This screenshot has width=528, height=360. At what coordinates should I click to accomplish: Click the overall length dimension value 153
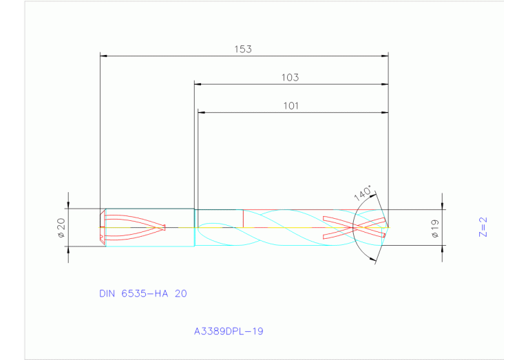point(243,49)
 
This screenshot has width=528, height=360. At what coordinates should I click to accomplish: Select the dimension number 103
point(290,78)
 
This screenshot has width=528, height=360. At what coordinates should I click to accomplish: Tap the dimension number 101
point(290,106)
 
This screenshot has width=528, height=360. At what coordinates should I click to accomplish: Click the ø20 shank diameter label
point(60,227)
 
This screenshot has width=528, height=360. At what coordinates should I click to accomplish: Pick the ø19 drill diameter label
point(435,227)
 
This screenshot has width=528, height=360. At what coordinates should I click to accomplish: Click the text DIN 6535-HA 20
point(142,293)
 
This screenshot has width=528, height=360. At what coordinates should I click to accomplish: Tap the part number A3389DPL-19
point(229,331)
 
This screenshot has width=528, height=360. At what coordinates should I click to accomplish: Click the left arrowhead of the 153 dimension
point(103,56)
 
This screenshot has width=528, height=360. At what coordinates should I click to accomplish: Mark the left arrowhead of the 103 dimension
point(197,85)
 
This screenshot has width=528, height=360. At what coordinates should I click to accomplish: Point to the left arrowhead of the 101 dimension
point(201,112)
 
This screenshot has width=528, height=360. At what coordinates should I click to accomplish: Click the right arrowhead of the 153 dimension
point(386,56)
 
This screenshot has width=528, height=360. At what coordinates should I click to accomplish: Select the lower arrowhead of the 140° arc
point(374,260)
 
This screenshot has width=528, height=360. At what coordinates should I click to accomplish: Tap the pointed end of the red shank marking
point(166,226)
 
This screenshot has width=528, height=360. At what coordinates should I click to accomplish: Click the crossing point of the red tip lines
point(365,226)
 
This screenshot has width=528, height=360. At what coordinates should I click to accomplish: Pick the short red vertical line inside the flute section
point(243,218)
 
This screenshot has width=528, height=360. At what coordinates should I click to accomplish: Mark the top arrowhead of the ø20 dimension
point(67,206)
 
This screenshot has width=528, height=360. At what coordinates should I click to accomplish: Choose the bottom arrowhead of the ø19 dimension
point(441,248)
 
